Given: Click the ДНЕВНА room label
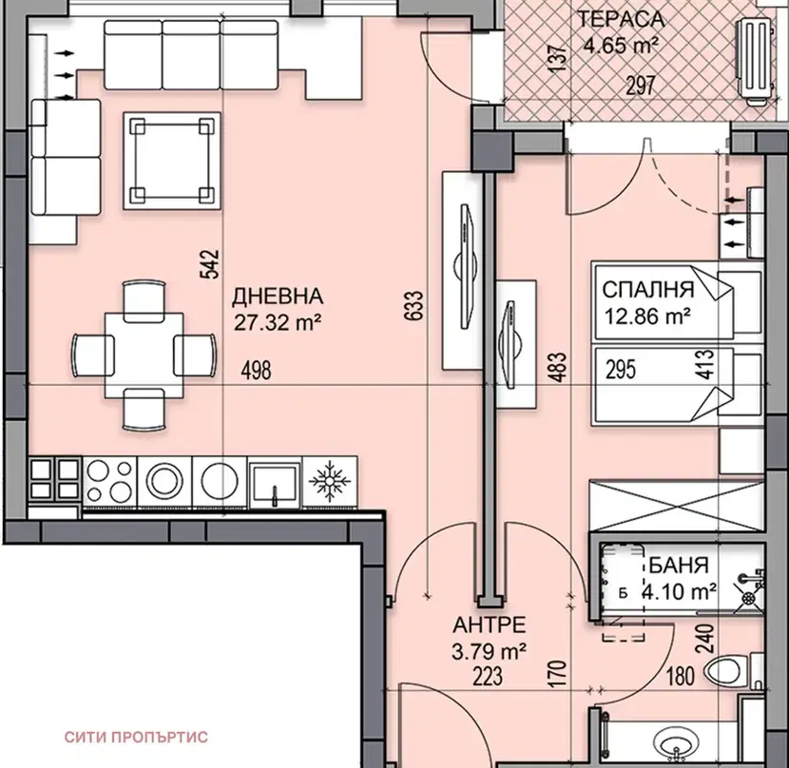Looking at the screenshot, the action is [278, 297].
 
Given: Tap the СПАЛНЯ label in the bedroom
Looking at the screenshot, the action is [647, 290].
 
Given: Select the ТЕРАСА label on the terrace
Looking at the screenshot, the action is [621, 19].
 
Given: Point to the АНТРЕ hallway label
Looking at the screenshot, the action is [490, 625].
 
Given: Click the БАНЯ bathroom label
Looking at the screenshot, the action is [679, 566].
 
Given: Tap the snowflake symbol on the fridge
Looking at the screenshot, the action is [330, 481].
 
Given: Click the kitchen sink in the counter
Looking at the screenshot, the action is [275, 482].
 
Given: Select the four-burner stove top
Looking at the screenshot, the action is [109, 482].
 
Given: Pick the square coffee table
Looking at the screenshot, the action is [172, 161].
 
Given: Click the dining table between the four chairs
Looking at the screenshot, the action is [144, 355].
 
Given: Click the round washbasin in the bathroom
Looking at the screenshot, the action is [676, 744].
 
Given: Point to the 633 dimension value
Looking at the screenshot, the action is [414, 305].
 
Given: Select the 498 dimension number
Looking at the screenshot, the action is [256, 371].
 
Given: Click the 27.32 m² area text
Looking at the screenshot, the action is [278, 322].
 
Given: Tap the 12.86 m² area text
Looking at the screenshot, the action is [647, 317].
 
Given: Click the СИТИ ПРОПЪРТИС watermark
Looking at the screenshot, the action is [136, 738].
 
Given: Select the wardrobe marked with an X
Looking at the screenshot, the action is [677, 506].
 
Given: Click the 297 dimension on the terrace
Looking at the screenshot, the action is [641, 86].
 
